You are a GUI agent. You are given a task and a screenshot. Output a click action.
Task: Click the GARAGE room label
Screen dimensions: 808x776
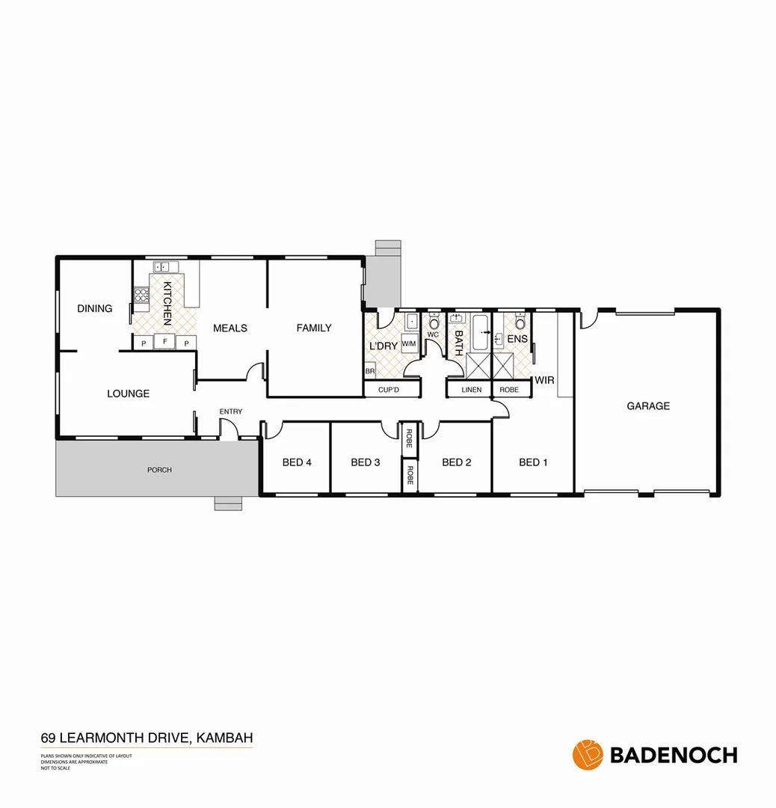pyautogui.click(x=648, y=406)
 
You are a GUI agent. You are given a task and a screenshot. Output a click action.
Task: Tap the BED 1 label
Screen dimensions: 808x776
pyautogui.click(x=533, y=462)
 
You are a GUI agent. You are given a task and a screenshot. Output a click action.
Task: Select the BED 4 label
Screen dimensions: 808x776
pyautogui.click(x=297, y=462)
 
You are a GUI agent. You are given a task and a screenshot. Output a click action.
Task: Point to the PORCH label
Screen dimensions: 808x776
pyautogui.click(x=160, y=470)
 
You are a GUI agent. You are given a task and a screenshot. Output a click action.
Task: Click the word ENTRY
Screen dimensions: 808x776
pyautogui.click(x=231, y=412)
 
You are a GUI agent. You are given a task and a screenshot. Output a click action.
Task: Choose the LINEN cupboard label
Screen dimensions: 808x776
pyautogui.click(x=472, y=390)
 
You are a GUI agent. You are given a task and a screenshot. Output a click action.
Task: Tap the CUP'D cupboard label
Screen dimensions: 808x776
pyautogui.click(x=389, y=390)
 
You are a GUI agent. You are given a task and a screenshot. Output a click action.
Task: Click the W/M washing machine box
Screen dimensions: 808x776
pyautogui.click(x=409, y=344)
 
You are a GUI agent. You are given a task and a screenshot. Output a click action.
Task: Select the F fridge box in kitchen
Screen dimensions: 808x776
pyautogui.click(x=164, y=343)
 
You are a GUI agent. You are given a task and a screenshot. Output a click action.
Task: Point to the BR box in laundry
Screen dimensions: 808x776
pyautogui.click(x=369, y=371)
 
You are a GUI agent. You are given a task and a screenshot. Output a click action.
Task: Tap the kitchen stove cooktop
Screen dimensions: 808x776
pyautogui.click(x=141, y=295)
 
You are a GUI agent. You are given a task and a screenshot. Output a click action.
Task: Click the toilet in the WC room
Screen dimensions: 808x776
pyautogui.click(x=433, y=323)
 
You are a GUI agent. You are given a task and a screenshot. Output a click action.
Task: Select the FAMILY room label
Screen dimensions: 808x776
pyautogui.click(x=314, y=328)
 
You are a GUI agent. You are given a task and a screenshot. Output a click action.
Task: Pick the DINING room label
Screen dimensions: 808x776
pyautogui.click(x=95, y=308)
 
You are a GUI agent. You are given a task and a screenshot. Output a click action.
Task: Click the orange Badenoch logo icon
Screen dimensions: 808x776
pyautogui.click(x=588, y=754)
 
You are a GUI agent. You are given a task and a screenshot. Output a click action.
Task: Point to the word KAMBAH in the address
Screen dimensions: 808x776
pyautogui.click(x=226, y=738)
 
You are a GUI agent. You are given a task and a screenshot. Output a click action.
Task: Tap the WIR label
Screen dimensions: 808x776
pyautogui.click(x=544, y=380)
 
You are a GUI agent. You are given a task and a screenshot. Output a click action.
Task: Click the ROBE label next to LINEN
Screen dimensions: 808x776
pyautogui.click(x=509, y=390)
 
